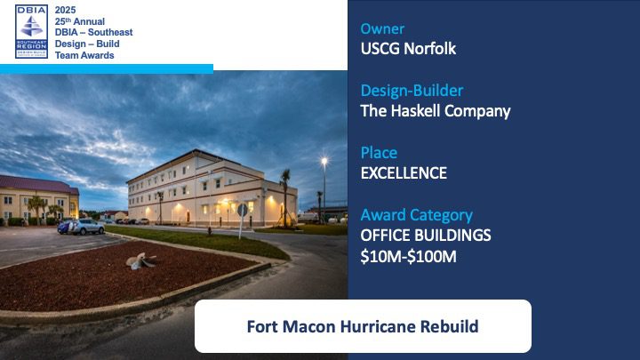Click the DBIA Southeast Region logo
(x=31, y=31)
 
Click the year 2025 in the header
(x=65, y=10)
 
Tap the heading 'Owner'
(x=382, y=28)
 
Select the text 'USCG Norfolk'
(x=408, y=49)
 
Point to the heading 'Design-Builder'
(x=412, y=90)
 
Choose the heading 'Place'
(x=379, y=152)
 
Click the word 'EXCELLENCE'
(x=404, y=173)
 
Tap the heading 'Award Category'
(x=417, y=215)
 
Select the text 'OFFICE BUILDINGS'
(x=426, y=235)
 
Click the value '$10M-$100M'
(x=408, y=256)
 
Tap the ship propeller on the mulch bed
(x=140, y=260)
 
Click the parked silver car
(x=85, y=227)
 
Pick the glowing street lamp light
(x=324, y=161)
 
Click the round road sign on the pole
(x=243, y=210)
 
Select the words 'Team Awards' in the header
(x=84, y=55)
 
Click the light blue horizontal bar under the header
(x=107, y=69)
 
